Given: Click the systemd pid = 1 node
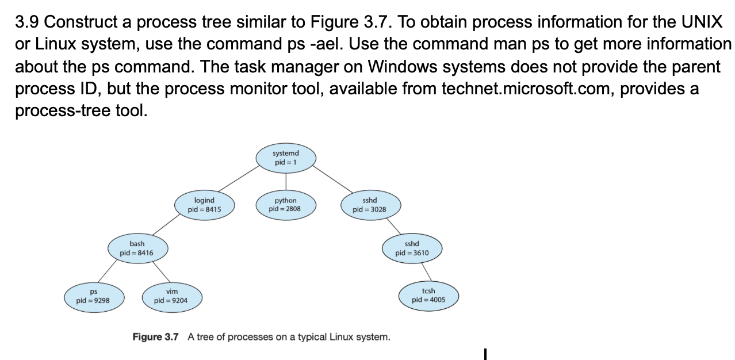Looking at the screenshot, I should click(285, 158).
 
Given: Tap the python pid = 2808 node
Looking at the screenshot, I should click(285, 205).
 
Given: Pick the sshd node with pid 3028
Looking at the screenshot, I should click(369, 205).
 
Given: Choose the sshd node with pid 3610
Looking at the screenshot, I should click(411, 248).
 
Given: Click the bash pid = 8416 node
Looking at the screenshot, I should click(136, 248).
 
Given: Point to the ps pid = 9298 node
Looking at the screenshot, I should click(93, 296).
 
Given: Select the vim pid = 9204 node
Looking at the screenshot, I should click(171, 296).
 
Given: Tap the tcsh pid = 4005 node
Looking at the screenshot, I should click(428, 296).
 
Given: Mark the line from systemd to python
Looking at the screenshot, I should click(286, 181).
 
